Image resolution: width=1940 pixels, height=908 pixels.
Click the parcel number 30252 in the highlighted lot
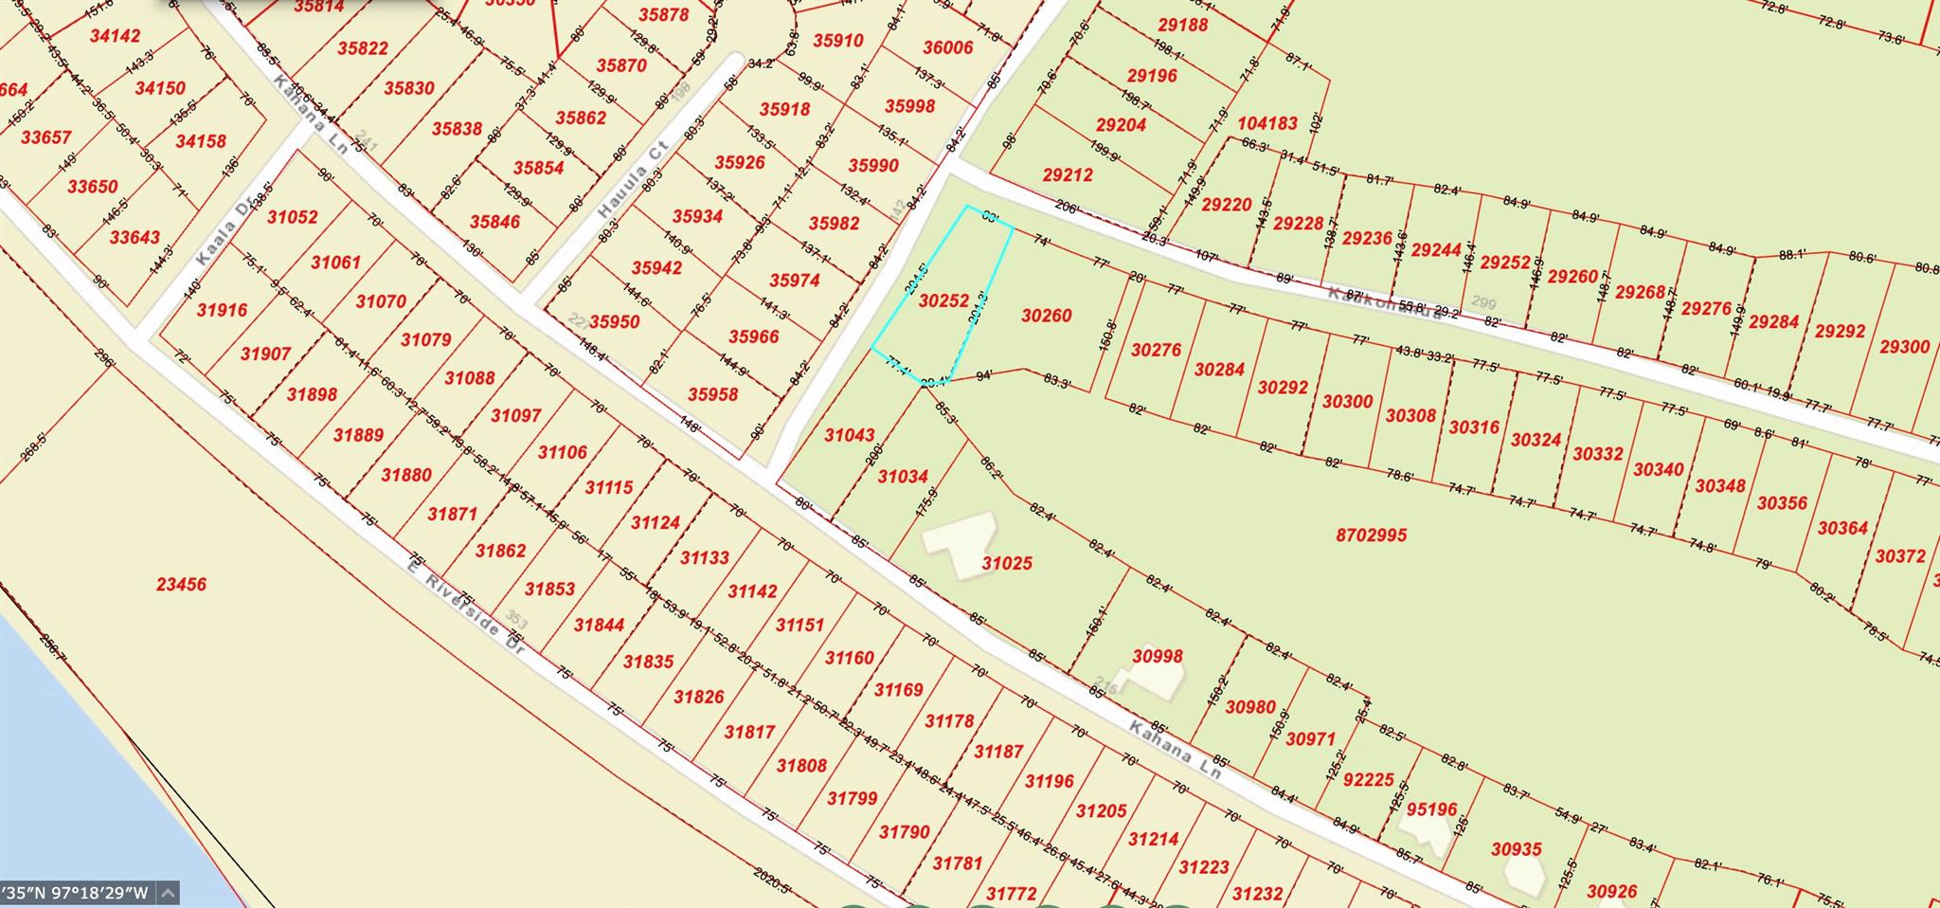(944, 300)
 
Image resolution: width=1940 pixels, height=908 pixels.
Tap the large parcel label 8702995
(1371, 535)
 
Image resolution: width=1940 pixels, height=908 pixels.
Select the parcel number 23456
(181, 584)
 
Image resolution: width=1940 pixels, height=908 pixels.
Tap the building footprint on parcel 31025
(961, 544)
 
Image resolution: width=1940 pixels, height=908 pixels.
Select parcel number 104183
(1267, 123)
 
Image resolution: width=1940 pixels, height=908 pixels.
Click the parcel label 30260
(1047, 316)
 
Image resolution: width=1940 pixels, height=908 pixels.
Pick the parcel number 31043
(849, 435)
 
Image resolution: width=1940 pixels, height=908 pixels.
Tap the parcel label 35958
(712, 393)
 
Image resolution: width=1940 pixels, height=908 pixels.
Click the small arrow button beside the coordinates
(168, 893)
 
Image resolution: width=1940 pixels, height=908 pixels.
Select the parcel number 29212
(1068, 174)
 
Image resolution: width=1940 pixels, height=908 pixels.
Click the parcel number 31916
(222, 309)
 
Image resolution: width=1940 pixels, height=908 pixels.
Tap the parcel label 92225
(1369, 779)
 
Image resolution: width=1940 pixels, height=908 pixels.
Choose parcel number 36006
(948, 47)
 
